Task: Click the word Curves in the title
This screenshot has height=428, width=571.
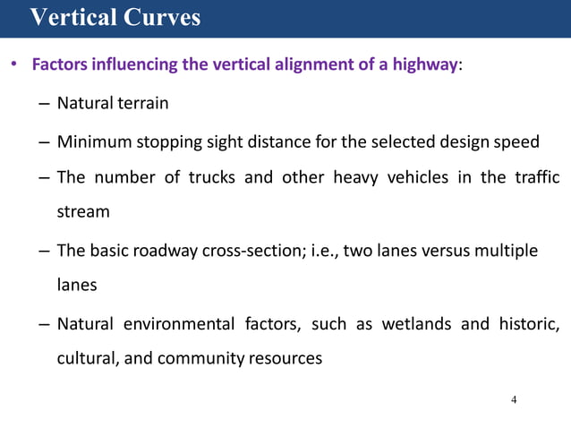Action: (x=161, y=17)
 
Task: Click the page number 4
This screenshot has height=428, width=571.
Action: (x=514, y=399)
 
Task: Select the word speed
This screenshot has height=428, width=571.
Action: (x=517, y=141)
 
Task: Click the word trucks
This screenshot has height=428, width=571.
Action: (x=212, y=176)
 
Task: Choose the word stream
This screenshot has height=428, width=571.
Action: (x=83, y=212)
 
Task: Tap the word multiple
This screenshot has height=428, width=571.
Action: (x=508, y=251)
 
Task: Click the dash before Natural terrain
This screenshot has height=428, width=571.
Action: (x=44, y=104)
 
